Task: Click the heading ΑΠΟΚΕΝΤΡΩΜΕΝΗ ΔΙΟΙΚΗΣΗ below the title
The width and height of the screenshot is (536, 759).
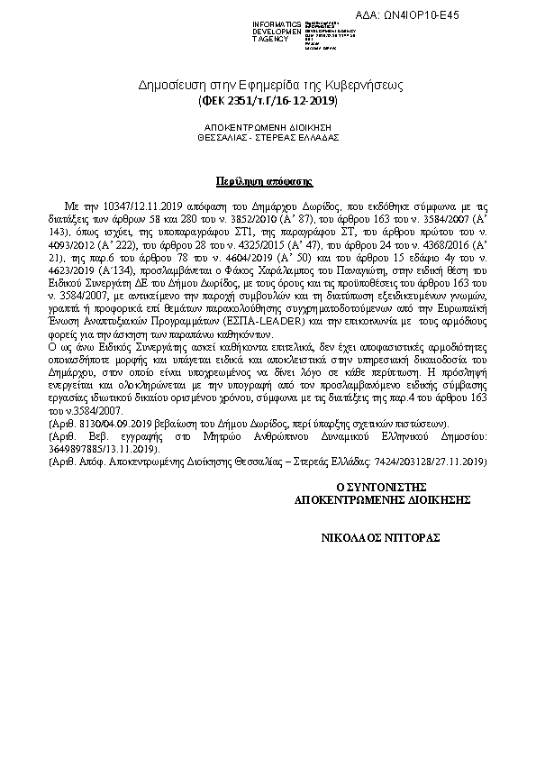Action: pyautogui.click(x=268, y=128)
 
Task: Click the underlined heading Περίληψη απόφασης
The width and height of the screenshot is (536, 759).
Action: pyautogui.click(x=268, y=180)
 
